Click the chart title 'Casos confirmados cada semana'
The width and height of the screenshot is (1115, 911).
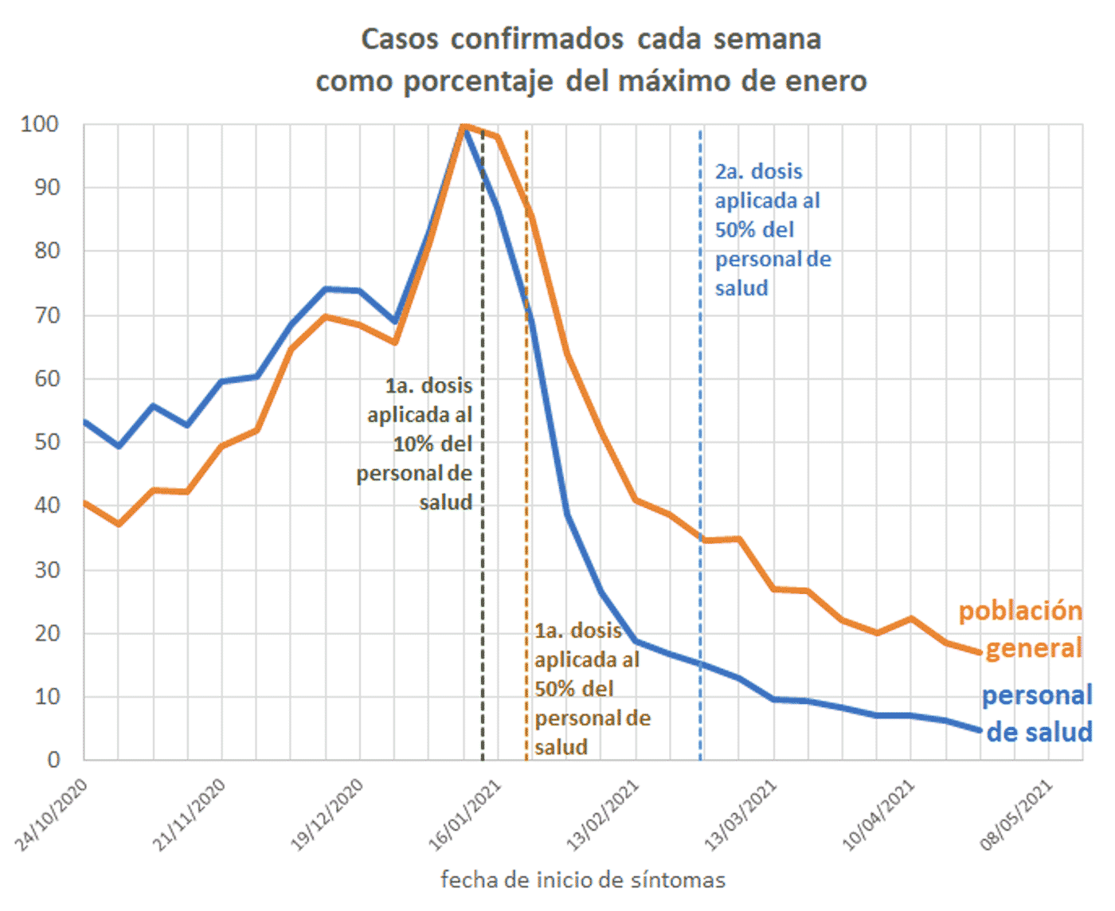tap(591, 39)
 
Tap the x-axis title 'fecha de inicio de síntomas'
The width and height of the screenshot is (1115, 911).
tap(582, 880)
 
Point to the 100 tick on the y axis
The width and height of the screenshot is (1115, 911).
tap(40, 124)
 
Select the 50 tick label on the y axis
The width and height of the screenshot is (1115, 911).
tap(47, 442)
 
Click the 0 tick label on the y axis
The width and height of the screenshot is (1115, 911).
tap(53, 760)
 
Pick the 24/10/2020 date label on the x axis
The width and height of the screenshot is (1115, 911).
tap(53, 814)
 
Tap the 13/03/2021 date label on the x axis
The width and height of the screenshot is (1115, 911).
tap(741, 814)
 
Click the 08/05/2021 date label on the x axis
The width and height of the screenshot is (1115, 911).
tap(1017, 814)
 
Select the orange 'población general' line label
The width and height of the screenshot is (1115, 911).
tap(1023, 629)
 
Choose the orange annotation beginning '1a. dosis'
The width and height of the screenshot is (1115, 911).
tap(590, 689)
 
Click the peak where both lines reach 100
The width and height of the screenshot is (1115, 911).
tap(464, 125)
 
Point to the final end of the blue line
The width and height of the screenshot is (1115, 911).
tap(980, 730)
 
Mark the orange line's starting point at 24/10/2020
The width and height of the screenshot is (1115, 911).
tap(85, 503)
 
